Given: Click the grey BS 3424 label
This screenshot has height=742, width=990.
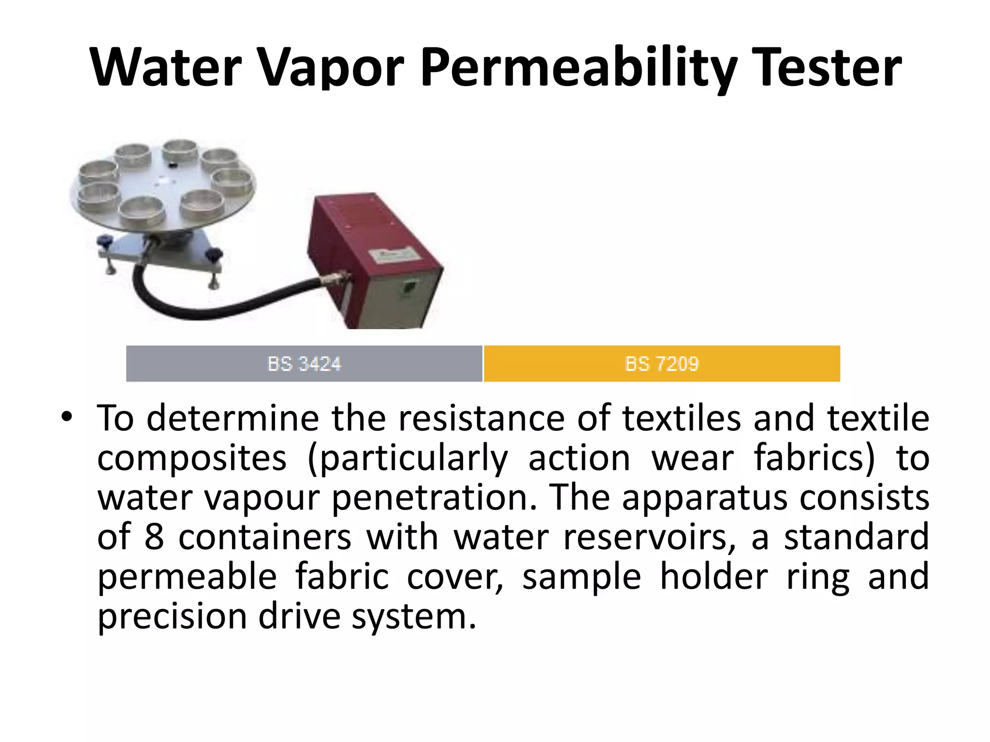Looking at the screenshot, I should tap(304, 364).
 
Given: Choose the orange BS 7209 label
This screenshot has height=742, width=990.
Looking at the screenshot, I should tap(662, 364).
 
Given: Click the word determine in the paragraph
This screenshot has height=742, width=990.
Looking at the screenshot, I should tap(233, 418).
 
